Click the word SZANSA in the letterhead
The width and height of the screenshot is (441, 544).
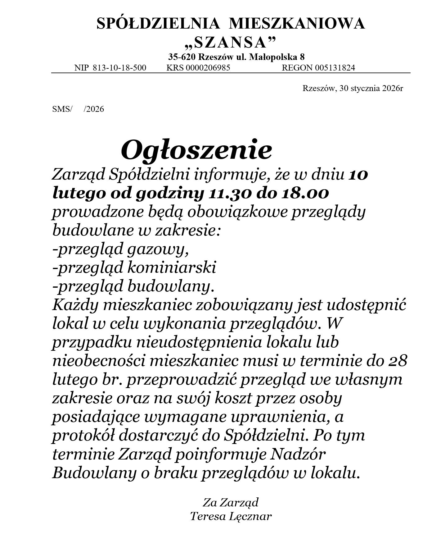(230, 43)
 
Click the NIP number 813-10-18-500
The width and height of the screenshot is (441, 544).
(119, 68)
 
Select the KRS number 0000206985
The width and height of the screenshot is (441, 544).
(208, 68)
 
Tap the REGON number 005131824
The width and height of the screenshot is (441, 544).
(335, 68)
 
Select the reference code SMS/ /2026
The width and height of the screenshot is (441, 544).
(78, 109)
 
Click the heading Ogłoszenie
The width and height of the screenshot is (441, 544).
(196, 150)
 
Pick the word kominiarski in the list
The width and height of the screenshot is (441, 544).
(172, 268)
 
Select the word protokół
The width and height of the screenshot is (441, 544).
(83, 436)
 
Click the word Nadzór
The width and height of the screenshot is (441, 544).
(298, 454)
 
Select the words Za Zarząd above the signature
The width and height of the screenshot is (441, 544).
(231, 502)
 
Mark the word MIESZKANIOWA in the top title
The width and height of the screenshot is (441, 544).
(297, 24)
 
